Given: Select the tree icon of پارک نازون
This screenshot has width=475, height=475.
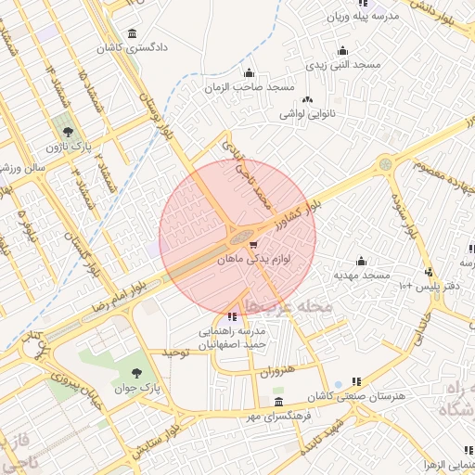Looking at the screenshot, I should point(66,132).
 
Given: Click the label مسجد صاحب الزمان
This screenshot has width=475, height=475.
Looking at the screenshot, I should point(250,87).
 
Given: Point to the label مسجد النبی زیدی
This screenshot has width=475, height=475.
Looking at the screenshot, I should point(344,65).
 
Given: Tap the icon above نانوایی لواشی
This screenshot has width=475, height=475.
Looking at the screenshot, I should point(307,100).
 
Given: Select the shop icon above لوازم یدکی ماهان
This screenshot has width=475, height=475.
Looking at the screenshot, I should point(254,245).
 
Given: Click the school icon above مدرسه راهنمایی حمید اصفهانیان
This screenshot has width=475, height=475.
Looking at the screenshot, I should point(232,316).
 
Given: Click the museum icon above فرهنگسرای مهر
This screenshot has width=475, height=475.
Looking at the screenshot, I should point(279,401).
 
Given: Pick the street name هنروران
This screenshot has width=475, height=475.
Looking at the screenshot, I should point(276,370).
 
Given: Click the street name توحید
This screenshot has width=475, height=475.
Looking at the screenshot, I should point(176,353).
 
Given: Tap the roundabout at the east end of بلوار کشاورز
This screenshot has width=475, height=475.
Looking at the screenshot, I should point(384,164).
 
